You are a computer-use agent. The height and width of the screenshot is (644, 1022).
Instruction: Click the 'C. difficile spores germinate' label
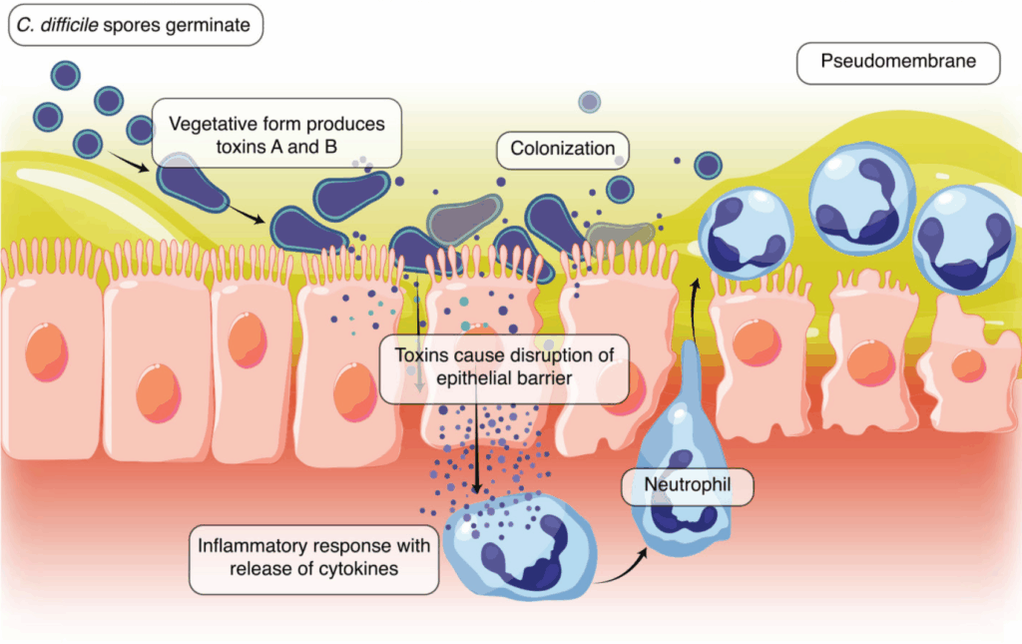coord(136,25)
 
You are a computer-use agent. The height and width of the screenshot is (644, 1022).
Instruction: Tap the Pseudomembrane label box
coord(898,63)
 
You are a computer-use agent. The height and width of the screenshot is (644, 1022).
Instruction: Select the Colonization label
coord(563,150)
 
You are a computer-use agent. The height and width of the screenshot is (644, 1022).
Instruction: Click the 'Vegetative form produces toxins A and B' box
coord(276,133)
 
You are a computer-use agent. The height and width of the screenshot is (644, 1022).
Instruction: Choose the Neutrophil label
coord(688,486)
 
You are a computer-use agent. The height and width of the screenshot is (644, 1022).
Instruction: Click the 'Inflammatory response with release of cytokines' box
coord(313,559)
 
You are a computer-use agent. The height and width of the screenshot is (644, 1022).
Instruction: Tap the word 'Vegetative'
coord(212,124)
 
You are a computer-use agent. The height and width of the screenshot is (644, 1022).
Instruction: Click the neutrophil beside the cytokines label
coord(520,546)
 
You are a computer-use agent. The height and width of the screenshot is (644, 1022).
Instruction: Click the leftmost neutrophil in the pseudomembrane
coord(747,233)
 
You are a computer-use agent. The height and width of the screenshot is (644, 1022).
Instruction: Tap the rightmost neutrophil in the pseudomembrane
coord(965,240)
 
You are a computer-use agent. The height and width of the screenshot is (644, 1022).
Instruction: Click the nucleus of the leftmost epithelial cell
coord(47,352)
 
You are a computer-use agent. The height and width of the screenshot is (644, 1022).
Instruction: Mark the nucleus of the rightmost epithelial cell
coord(968,365)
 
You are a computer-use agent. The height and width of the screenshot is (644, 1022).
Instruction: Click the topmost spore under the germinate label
coord(66,76)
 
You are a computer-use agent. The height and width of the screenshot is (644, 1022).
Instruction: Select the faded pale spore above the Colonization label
coord(589,102)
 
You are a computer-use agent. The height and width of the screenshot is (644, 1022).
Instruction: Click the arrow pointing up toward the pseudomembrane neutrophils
coord(694,311)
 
